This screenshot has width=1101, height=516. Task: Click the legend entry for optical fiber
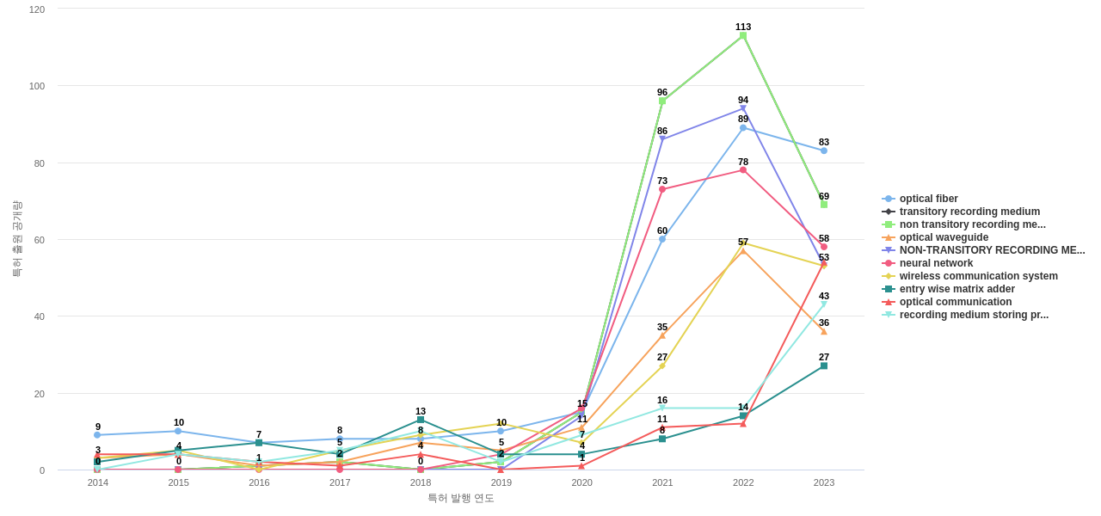[x=928, y=199]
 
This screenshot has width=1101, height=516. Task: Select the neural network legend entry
[x=936, y=263]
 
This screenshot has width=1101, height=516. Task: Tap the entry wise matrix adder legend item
[x=956, y=289]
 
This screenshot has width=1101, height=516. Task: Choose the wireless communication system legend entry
[x=978, y=276]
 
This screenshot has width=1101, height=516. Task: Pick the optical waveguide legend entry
[x=944, y=237]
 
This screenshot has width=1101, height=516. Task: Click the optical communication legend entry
[x=955, y=302]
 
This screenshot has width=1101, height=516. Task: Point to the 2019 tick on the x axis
[x=501, y=482]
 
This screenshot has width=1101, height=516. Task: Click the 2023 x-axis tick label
[x=824, y=482]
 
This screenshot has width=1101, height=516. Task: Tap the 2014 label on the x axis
[x=98, y=482]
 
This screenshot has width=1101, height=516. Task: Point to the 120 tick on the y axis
[x=37, y=9]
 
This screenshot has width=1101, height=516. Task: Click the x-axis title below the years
[x=461, y=498]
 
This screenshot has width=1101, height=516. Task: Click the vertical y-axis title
[x=17, y=239]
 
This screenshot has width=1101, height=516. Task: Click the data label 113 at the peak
[x=743, y=27]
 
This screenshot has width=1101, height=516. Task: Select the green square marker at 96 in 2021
[x=662, y=101]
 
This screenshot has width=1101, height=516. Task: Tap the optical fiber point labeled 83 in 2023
[x=824, y=150]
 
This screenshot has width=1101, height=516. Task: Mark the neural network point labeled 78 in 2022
[x=743, y=170]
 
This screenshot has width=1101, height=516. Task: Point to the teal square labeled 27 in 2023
[x=824, y=366]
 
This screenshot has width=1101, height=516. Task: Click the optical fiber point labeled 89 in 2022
[x=743, y=128]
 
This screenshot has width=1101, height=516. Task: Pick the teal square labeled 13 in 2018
[x=421, y=421]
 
